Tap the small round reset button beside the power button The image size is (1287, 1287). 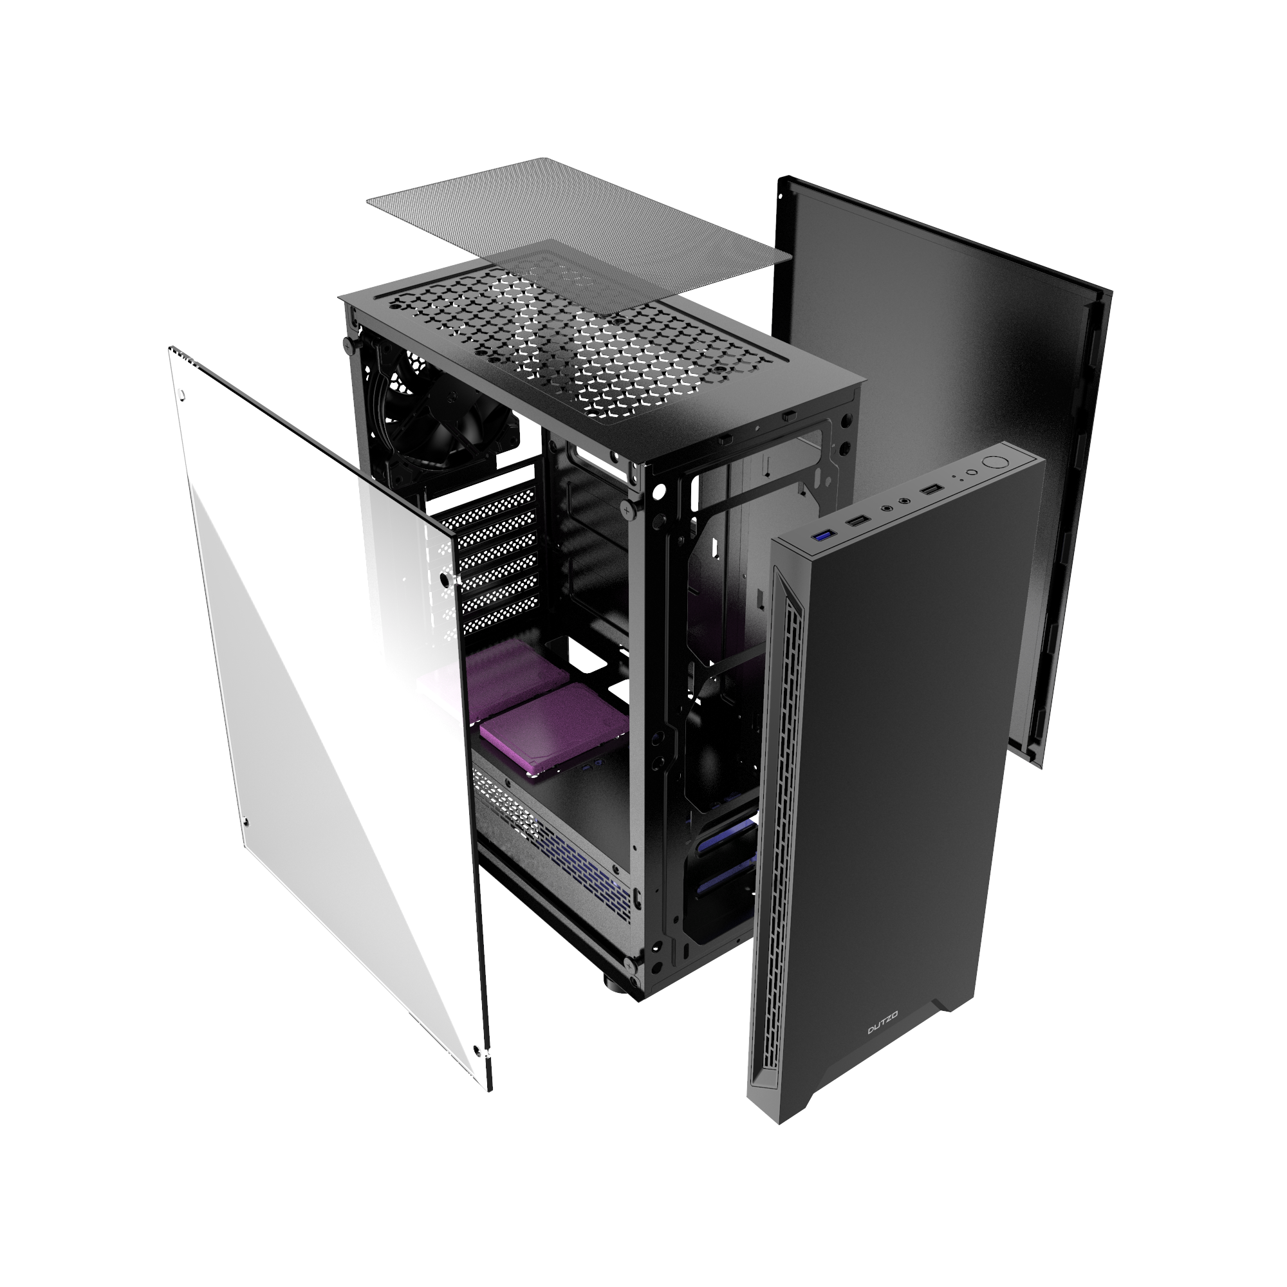pos(972,472)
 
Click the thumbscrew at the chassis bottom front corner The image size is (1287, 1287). pos(629,961)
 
